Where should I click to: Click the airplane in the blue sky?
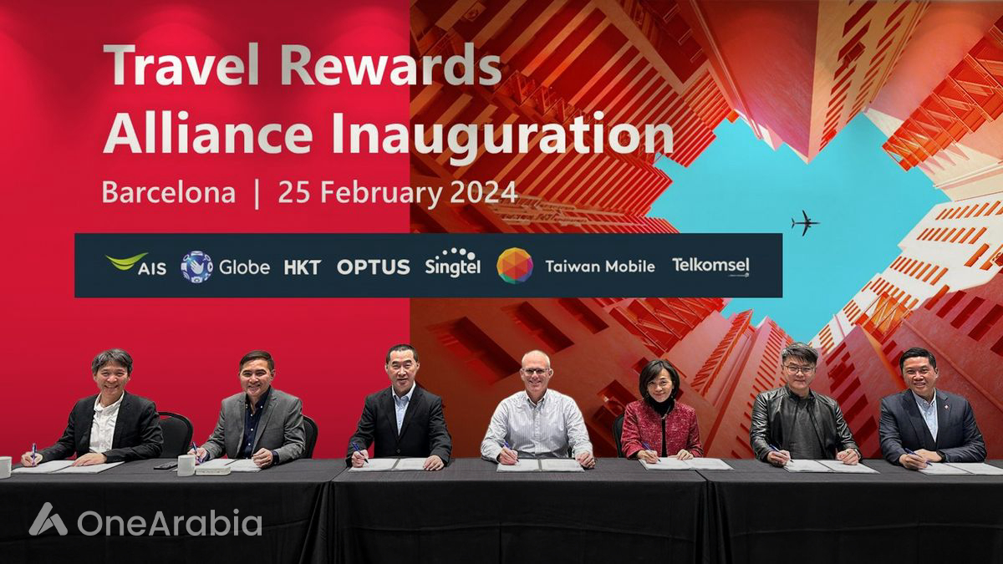(805, 223)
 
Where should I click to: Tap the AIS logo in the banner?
(136, 266)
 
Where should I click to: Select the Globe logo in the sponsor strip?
(225, 267)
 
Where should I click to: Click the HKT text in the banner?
(302, 267)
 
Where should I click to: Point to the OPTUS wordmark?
(374, 267)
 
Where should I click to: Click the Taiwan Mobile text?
(598, 267)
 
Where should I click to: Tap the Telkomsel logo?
(710, 267)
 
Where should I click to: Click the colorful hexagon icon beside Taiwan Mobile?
(514, 266)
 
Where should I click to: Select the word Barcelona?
(168, 192)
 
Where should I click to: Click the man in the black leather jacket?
(800, 414)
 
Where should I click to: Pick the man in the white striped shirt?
(536, 418)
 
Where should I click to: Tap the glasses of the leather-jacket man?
(799, 368)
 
